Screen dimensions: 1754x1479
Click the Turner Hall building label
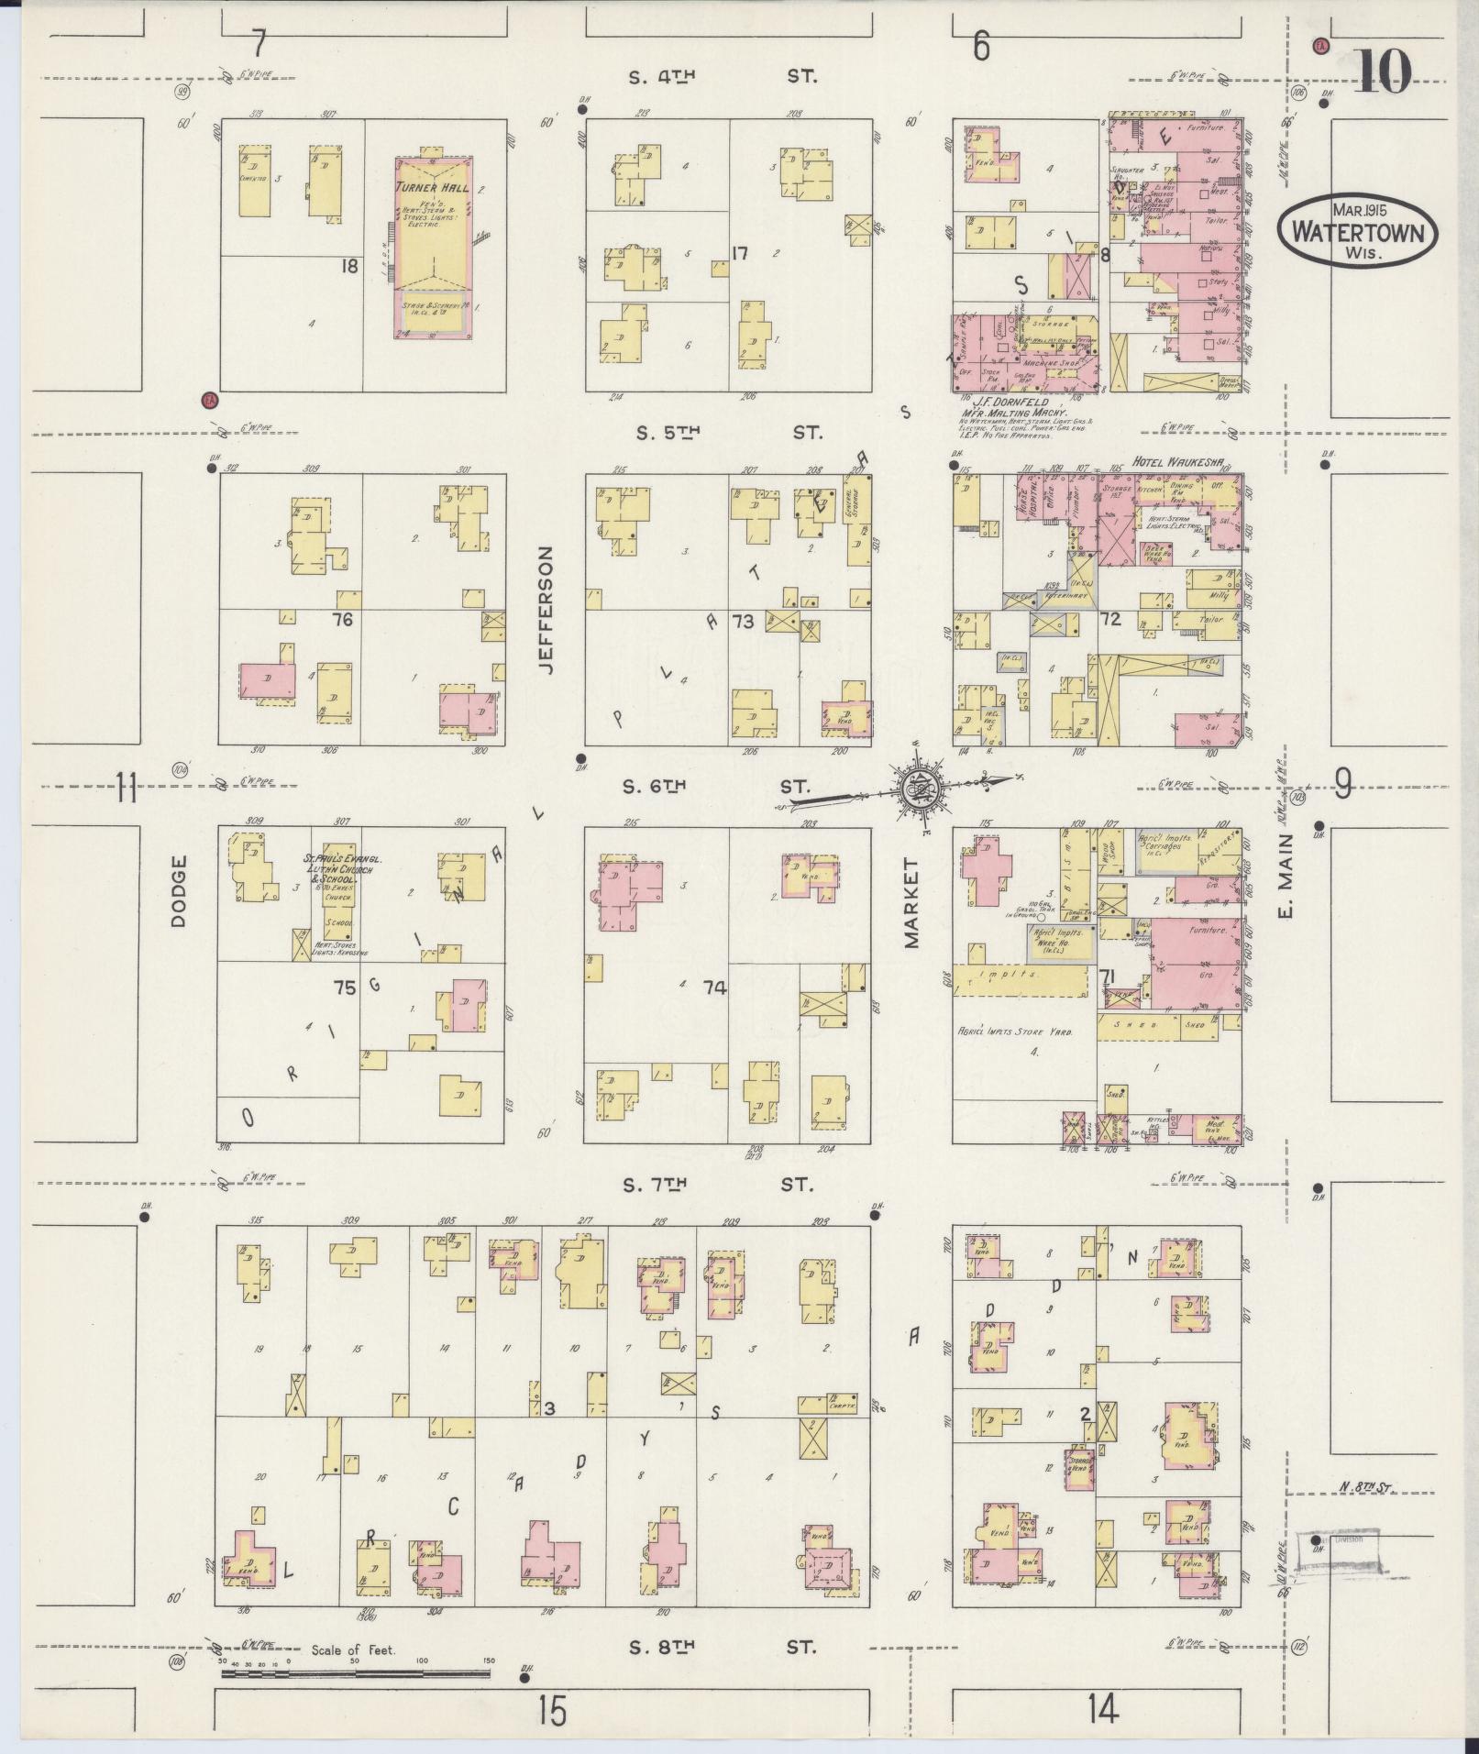pyautogui.click(x=432, y=187)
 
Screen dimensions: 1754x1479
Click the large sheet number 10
pyautogui.click(x=1382, y=72)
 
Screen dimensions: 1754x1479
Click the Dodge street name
pyautogui.click(x=178, y=890)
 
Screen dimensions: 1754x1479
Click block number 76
pyautogui.click(x=343, y=620)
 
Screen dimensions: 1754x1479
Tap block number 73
pyautogui.click(x=742, y=622)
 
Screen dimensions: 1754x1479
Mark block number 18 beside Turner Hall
pyautogui.click(x=348, y=266)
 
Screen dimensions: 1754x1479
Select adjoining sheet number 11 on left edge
pyautogui.click(x=126, y=787)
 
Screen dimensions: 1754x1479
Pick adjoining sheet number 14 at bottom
pyautogui.click(x=1103, y=1708)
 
